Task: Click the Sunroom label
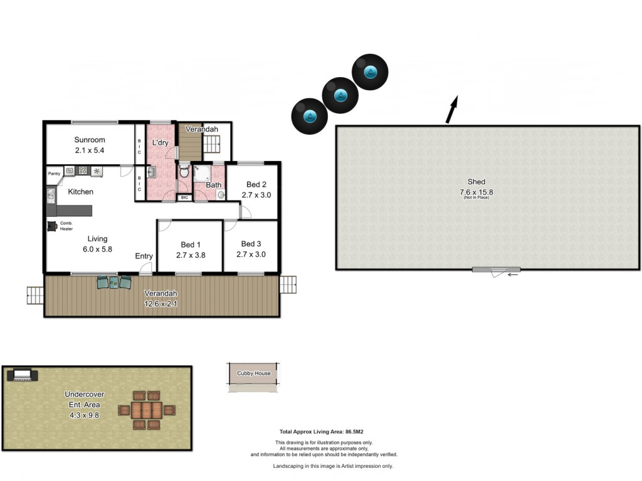(x=89, y=140)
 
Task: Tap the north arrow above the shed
(x=451, y=109)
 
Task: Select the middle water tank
(x=340, y=95)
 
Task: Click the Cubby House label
(x=254, y=373)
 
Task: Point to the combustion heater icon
(x=52, y=226)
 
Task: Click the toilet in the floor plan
(x=184, y=170)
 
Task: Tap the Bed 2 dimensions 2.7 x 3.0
(x=256, y=195)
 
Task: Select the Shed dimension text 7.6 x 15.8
(x=476, y=192)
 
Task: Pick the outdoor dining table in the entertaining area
(x=147, y=410)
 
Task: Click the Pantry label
(x=54, y=173)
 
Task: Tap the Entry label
(x=144, y=256)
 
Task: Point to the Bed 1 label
(x=191, y=245)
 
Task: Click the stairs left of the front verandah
(x=35, y=296)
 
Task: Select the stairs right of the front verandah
(x=288, y=285)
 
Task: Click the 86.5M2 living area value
(x=355, y=432)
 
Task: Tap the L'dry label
(x=160, y=142)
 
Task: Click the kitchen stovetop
(x=83, y=170)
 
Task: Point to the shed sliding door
(x=497, y=269)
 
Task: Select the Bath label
(x=213, y=185)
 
